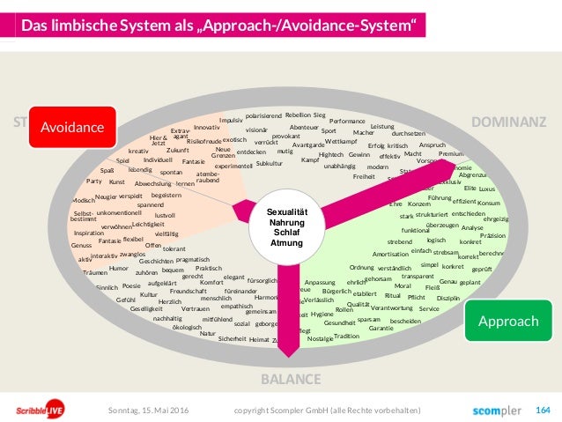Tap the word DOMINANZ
(x=510, y=121)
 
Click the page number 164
(x=543, y=410)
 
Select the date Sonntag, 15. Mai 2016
(x=149, y=410)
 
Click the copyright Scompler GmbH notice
(x=327, y=410)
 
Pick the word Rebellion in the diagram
(x=298, y=115)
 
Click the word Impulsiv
(x=230, y=120)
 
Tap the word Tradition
(x=347, y=336)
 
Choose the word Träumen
(x=94, y=272)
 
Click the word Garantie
(x=381, y=329)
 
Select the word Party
(x=94, y=181)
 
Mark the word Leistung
(x=382, y=126)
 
